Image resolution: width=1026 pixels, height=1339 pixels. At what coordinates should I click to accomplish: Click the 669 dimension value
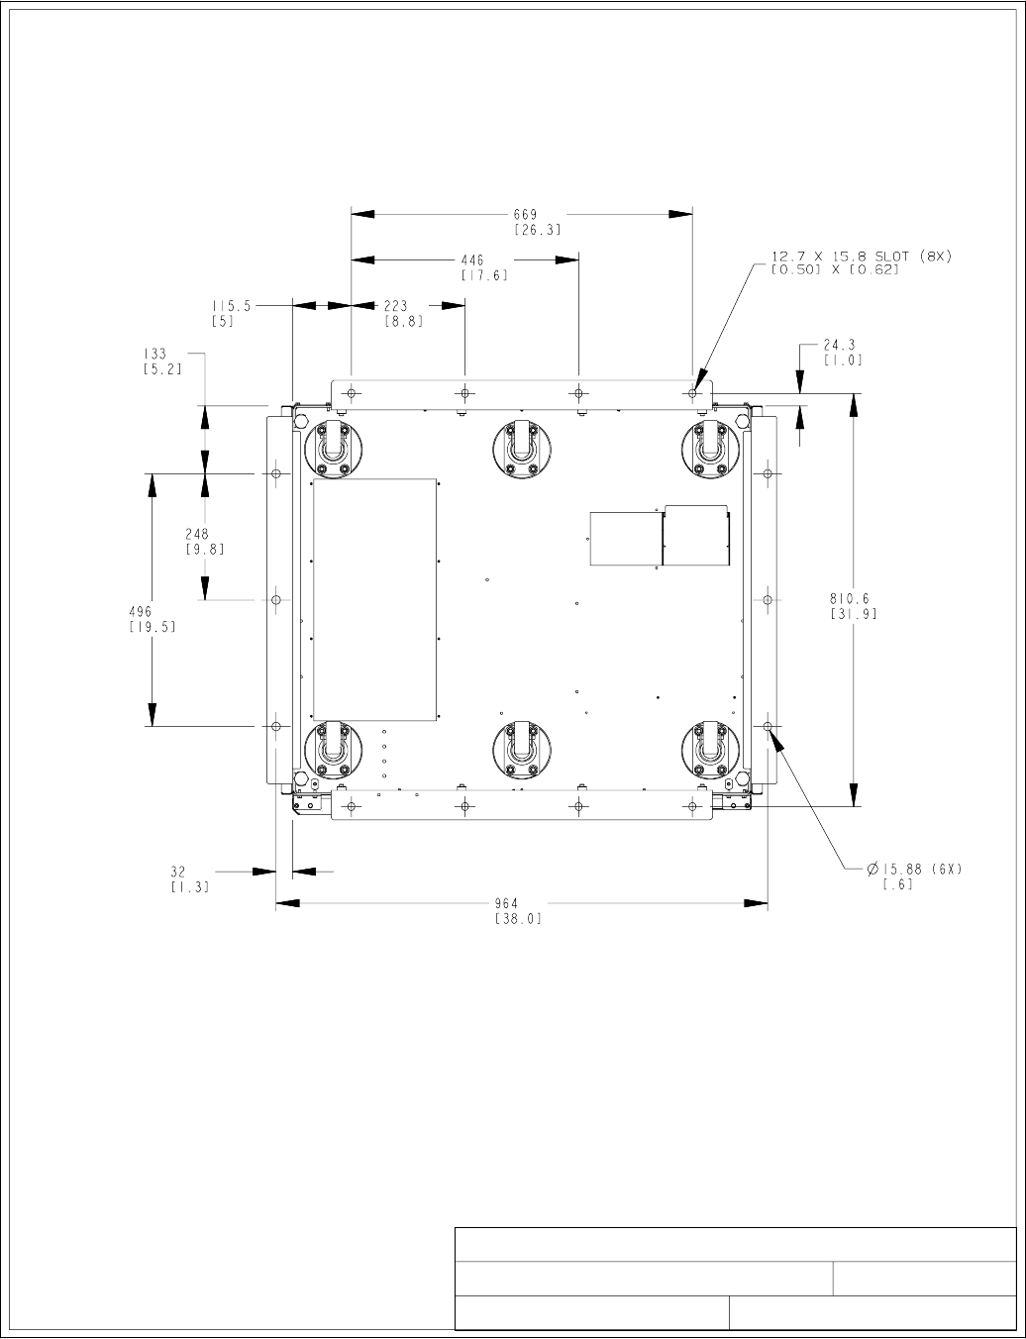[x=525, y=215]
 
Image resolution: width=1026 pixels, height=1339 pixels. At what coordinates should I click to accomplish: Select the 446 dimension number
[x=472, y=260]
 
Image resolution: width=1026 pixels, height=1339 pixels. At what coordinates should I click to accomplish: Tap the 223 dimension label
[x=395, y=306]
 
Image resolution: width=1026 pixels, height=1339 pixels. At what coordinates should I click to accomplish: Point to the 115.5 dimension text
[x=232, y=306]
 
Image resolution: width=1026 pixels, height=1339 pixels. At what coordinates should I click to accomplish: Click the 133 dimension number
[x=154, y=354]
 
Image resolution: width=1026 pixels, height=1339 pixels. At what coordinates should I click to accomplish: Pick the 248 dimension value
[x=197, y=534]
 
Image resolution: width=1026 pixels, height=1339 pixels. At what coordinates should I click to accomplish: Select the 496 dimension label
[x=141, y=611]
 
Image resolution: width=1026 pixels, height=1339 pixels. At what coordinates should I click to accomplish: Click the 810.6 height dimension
[x=849, y=598]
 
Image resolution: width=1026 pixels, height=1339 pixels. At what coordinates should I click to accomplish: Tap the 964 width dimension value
[x=506, y=903]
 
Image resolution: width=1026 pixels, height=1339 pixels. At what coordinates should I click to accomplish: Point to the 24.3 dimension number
[x=839, y=345]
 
